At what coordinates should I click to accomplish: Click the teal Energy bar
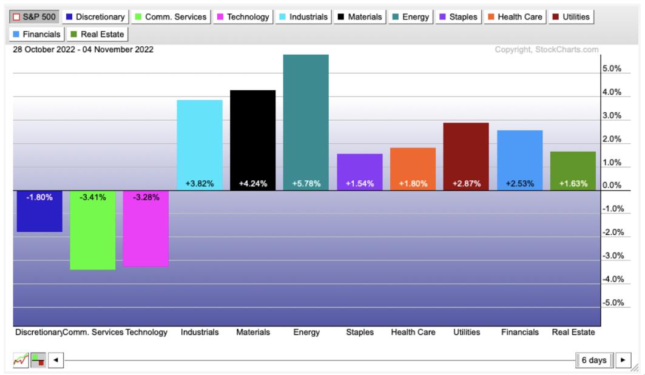tap(306, 121)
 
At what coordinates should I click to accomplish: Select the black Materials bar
tap(252, 140)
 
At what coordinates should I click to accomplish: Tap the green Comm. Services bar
tap(92, 231)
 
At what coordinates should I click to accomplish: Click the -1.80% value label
tap(39, 197)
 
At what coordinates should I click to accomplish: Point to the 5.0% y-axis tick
tap(612, 69)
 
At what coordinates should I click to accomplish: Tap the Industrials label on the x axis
tap(200, 333)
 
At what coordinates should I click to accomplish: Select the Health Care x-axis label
tap(413, 333)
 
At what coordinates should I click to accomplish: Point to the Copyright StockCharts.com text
tap(547, 49)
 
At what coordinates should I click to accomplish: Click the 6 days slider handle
tap(594, 360)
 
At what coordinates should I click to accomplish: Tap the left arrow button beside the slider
tap(56, 360)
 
